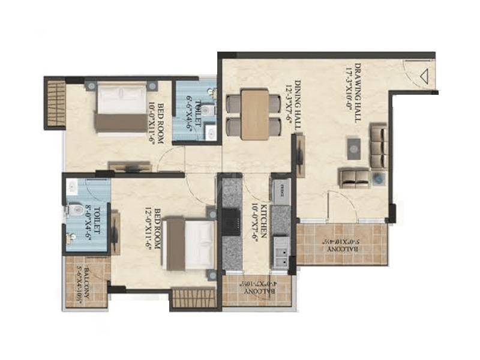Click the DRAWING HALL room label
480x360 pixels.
coord(361,93)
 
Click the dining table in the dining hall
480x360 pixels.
coord(256,114)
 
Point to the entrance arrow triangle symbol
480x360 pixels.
coord(425,76)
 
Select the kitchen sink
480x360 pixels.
coord(280,254)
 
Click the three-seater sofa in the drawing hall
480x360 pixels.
coord(378,146)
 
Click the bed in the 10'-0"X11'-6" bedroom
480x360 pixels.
coord(120,107)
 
